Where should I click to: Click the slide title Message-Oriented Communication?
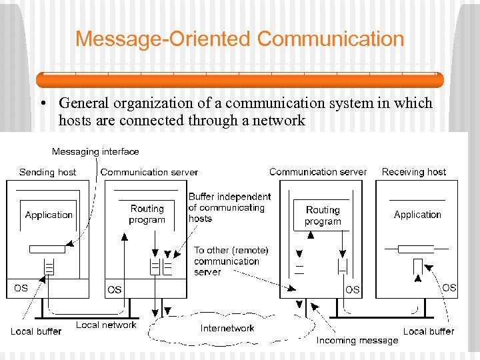pos(240,39)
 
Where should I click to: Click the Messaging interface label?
pos(95,151)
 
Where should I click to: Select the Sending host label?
pos(47,172)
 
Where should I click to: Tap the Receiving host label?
pos(414,171)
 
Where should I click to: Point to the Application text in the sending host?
pos(49,215)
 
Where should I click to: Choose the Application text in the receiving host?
pos(417,215)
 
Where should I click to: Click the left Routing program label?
pos(147,214)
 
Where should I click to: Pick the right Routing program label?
pos(323,215)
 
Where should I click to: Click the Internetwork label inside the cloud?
pos(227,328)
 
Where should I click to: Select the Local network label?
pos(106,325)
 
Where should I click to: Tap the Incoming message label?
pos(357,340)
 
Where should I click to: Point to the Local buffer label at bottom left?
pos(36,331)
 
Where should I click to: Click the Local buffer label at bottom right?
pos(429,331)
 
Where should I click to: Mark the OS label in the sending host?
pos(21,288)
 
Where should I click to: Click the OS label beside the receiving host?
pos(450,287)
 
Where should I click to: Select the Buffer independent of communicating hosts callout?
pos(229,207)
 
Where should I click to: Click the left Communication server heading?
pos(149,172)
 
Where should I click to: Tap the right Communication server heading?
pos(318,171)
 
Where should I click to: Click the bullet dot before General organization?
pos(42,104)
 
